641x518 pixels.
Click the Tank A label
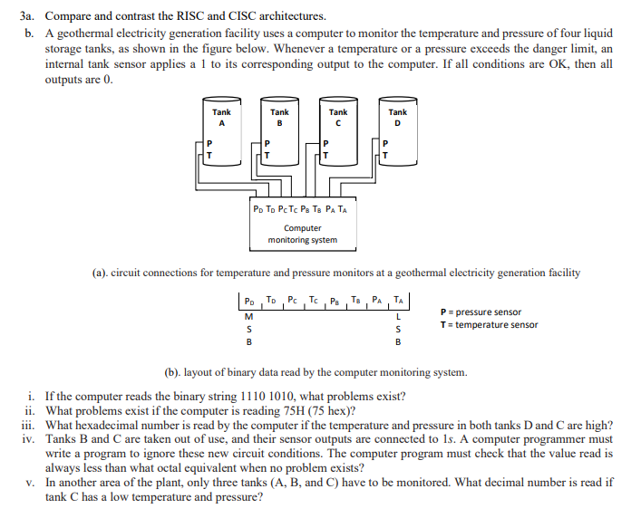click(x=221, y=118)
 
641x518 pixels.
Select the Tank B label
click(x=279, y=118)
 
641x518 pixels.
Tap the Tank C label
click(x=338, y=118)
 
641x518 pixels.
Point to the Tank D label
click(x=397, y=118)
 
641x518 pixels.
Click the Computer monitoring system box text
click(x=303, y=234)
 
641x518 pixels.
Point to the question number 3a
click(x=29, y=16)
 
